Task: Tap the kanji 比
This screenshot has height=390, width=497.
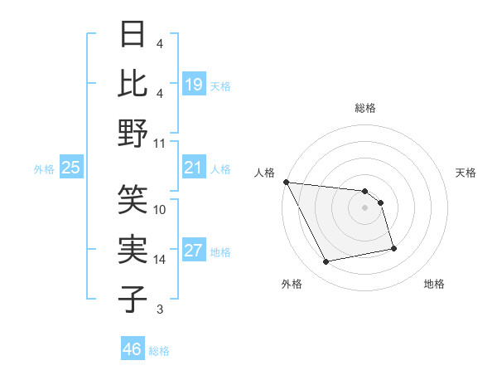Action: pyautogui.click(x=133, y=85)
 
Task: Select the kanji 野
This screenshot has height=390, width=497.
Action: pyautogui.click(x=133, y=133)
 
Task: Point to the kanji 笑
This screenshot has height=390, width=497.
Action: pyautogui.click(x=133, y=199)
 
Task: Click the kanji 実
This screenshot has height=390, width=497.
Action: pyautogui.click(x=133, y=249)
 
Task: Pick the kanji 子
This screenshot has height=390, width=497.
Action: pyautogui.click(x=133, y=298)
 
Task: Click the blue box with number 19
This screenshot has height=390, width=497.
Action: pyautogui.click(x=193, y=85)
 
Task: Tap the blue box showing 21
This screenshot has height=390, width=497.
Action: pyautogui.click(x=193, y=168)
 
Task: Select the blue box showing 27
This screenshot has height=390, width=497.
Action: pyautogui.click(x=193, y=251)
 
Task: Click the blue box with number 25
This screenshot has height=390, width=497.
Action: pyautogui.click(x=70, y=168)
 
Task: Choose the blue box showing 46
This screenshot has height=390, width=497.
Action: pyautogui.click(x=132, y=349)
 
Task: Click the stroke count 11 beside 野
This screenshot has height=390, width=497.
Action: pyautogui.click(x=160, y=143)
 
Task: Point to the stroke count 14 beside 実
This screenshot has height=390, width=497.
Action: pyautogui.click(x=160, y=260)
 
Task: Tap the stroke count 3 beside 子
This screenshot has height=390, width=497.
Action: pyautogui.click(x=159, y=310)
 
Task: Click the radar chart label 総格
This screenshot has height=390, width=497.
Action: pyautogui.click(x=364, y=108)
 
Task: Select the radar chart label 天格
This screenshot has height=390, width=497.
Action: pyautogui.click(x=466, y=173)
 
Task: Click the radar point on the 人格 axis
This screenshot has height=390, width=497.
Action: pyautogui.click(x=286, y=182)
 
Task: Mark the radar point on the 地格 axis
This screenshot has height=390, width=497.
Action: pyautogui.click(x=393, y=248)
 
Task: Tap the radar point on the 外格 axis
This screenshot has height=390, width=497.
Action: pyautogui.click(x=326, y=262)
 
